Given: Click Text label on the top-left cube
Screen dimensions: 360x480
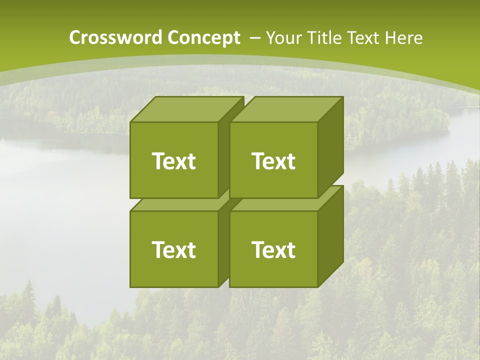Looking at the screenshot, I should (x=173, y=161).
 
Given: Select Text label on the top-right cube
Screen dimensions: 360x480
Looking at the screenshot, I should (x=273, y=161).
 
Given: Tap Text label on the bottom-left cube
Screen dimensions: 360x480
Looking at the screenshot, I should (x=173, y=249).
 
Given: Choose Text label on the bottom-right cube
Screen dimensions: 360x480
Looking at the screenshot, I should (x=273, y=249).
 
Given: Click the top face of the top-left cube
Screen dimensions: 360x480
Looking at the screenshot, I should (x=186, y=109).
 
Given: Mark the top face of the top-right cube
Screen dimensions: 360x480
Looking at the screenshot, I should (x=286, y=109).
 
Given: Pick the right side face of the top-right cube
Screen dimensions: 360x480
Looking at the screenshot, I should (x=330, y=147).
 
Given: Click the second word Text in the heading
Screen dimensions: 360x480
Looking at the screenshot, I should (x=364, y=37).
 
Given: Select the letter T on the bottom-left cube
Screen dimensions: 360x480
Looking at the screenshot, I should (x=158, y=249).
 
